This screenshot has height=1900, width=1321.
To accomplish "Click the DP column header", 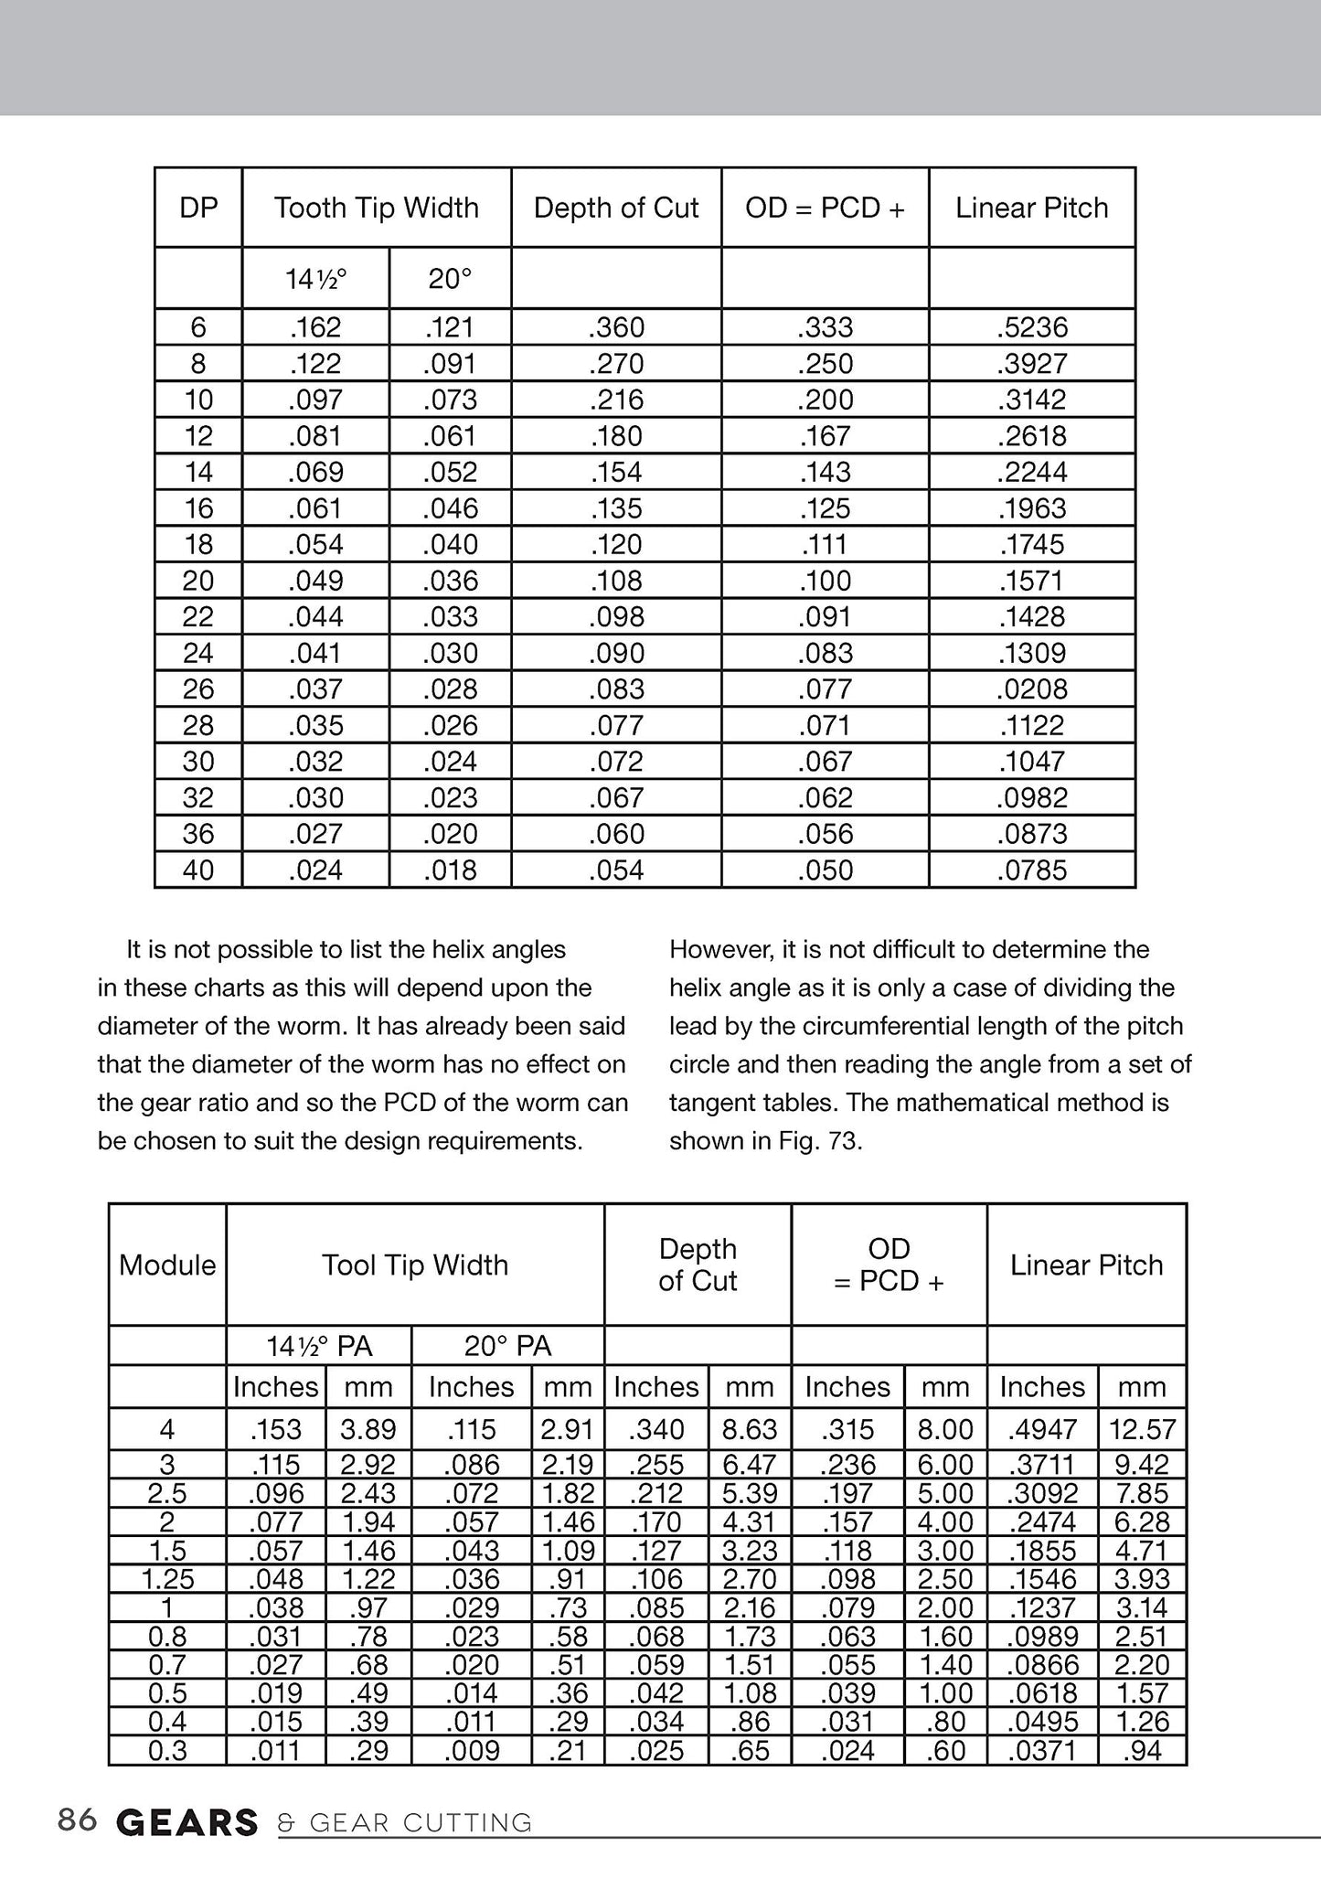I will pyautogui.click(x=198, y=208).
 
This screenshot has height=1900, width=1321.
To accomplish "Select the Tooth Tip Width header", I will pyautogui.click(x=376, y=208).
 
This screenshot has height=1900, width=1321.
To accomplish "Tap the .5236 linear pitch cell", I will pyautogui.click(x=1032, y=327).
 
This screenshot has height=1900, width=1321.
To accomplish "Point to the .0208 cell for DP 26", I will pyautogui.click(x=1032, y=689).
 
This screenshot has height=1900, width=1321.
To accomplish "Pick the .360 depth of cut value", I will pyautogui.click(x=616, y=327).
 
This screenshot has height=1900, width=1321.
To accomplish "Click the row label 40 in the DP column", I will pyautogui.click(x=198, y=870).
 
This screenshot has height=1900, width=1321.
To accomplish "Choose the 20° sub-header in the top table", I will pyautogui.click(x=450, y=279).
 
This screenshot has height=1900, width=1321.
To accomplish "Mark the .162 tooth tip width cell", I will pyautogui.click(x=315, y=327).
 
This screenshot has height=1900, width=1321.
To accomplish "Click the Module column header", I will pyautogui.click(x=167, y=1265).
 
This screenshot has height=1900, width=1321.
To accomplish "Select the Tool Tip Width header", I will pyautogui.click(x=415, y=1265).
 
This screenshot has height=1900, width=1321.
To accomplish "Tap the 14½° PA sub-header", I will pyautogui.click(x=319, y=1347).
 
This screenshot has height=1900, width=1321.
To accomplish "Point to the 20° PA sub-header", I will pyautogui.click(x=507, y=1347).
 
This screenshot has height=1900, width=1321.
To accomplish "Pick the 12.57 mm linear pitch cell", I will pyautogui.click(x=1142, y=1429).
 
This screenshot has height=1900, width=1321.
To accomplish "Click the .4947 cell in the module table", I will pyautogui.click(x=1042, y=1429).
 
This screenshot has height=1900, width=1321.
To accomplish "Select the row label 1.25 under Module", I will pyautogui.click(x=167, y=1579).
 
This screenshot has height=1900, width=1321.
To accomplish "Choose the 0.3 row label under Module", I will pyautogui.click(x=167, y=1751).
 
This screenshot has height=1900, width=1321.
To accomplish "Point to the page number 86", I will pyautogui.click(x=77, y=1820).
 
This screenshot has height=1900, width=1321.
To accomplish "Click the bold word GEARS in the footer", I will pyautogui.click(x=187, y=1823).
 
